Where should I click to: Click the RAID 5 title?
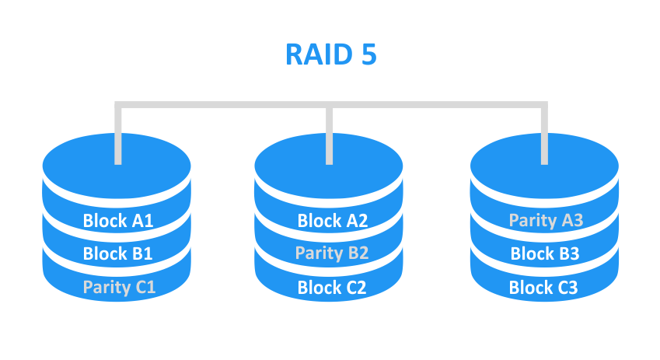(330, 55)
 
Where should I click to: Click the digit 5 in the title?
(367, 55)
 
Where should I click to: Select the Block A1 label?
(118, 220)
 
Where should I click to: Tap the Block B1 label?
(118, 253)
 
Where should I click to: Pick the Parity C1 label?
(119, 287)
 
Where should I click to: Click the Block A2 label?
(332, 220)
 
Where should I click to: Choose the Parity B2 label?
(332, 253)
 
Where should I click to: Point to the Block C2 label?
(332, 288)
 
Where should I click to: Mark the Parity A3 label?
(546, 221)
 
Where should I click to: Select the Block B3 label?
(545, 253)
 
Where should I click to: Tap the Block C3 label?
(543, 288)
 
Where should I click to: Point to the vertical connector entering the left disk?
(117, 136)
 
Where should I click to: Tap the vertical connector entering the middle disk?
(330, 136)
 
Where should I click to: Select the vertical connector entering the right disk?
(543, 136)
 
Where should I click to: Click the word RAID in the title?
(317, 55)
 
